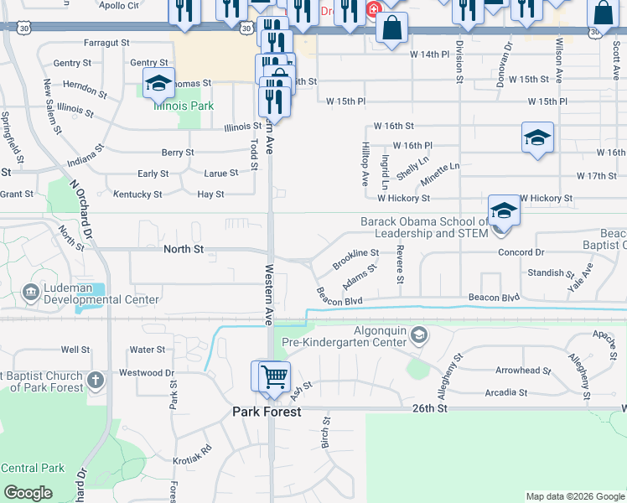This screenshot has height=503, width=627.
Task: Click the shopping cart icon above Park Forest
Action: (x=273, y=376)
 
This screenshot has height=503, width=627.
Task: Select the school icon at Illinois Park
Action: (x=158, y=84)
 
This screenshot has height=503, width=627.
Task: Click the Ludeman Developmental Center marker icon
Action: (x=31, y=292)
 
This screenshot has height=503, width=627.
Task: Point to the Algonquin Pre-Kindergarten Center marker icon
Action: (x=418, y=336)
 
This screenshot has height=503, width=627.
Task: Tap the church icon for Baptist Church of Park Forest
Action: (x=96, y=380)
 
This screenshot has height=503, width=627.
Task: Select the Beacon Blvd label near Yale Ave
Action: (x=494, y=298)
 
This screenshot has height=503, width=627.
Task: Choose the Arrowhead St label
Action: (x=522, y=370)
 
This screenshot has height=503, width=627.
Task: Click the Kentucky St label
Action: (x=137, y=194)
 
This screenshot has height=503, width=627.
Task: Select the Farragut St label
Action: (x=106, y=41)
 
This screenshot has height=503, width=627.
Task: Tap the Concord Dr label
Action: (x=521, y=252)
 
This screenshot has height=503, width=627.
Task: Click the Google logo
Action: (x=28, y=492)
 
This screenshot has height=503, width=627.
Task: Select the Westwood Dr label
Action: (x=147, y=372)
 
